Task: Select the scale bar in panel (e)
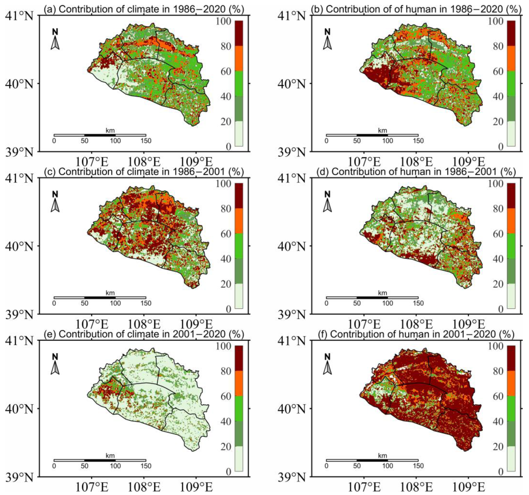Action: (x=100, y=460)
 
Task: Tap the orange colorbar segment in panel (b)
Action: (x=511, y=59)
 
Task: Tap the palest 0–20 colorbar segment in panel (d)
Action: (x=511, y=296)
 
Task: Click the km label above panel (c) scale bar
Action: (x=110, y=293)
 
